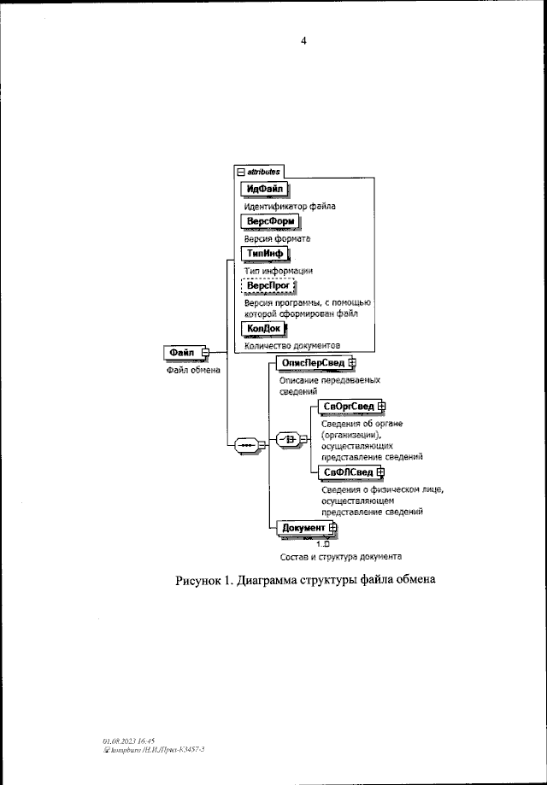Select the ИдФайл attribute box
265,189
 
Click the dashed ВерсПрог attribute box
267,285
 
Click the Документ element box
304,529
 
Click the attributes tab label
262,172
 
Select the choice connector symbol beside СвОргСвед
290,439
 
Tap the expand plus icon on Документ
334,529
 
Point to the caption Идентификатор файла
290,206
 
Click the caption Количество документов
294,346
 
